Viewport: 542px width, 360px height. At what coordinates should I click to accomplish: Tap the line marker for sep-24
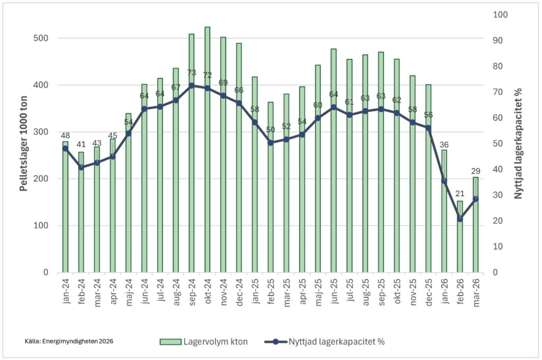pyautogui.click(x=192, y=85)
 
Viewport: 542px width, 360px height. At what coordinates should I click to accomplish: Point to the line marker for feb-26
pyautogui.click(x=460, y=219)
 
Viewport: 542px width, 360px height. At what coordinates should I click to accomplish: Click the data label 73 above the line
pyautogui.click(x=192, y=73)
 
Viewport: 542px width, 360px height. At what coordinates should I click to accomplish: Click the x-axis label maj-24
pyautogui.click(x=128, y=289)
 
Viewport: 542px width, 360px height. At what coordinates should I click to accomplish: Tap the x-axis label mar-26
pyautogui.click(x=475, y=289)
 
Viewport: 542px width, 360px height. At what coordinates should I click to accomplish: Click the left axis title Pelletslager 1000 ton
pyautogui.click(x=24, y=143)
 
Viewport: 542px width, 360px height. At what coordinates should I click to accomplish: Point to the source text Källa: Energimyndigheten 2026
pyautogui.click(x=69, y=341)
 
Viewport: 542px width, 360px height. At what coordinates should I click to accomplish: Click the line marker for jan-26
pyautogui.click(x=444, y=181)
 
